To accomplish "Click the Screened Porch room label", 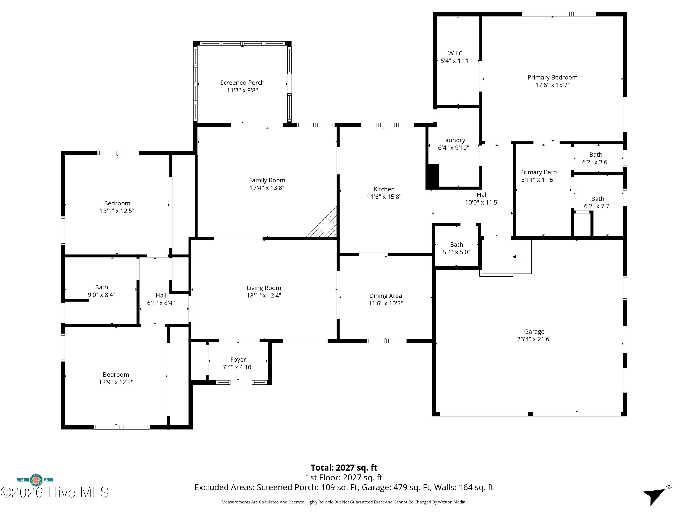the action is pos(242,83).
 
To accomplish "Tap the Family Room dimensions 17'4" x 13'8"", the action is pos(267,188).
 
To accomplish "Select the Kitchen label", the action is pos(384,189).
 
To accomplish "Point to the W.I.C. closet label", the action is pos(456,53).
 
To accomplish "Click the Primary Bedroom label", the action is pos(552,78).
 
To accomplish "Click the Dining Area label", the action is pos(386,296).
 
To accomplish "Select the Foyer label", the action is pos(238,360).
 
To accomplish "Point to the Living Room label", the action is pos(264,288).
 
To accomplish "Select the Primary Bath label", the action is pos(538,172).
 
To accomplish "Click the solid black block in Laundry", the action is pos(433,176).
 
